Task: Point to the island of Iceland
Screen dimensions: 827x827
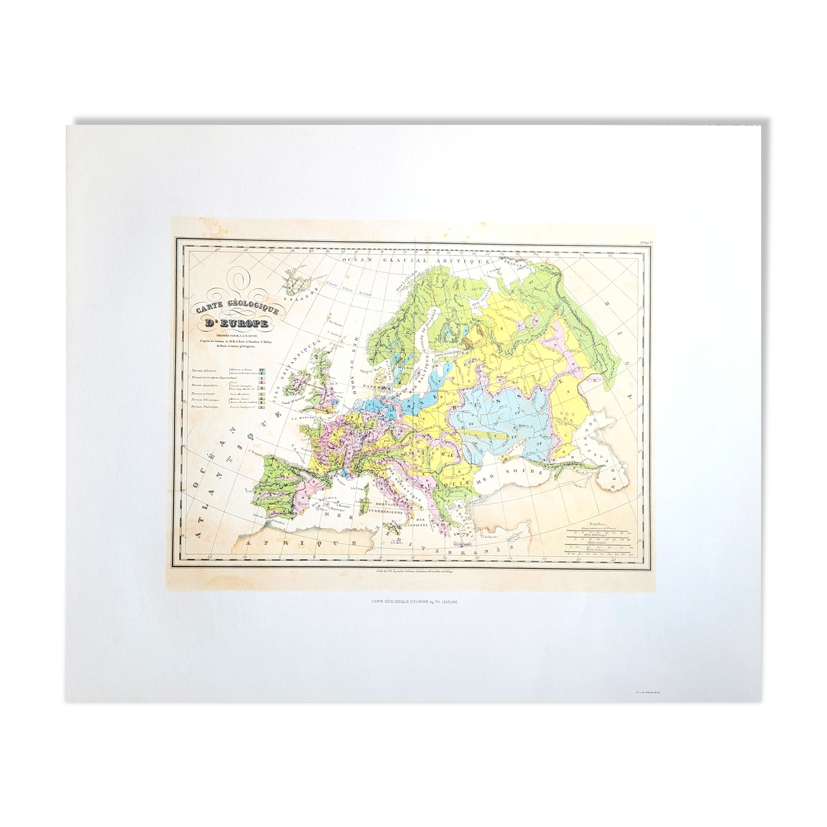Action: [x=298, y=279]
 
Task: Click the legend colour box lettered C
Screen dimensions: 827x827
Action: [x=261, y=393]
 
